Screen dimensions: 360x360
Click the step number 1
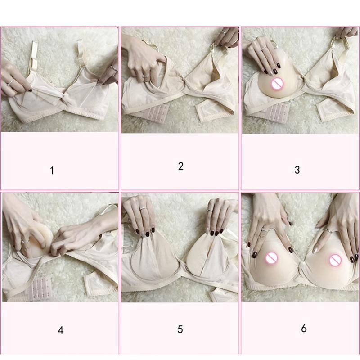point(52,171)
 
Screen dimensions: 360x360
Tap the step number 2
point(180,166)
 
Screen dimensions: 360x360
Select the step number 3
point(297,170)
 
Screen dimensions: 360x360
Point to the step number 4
point(61,330)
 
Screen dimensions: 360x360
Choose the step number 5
point(180,329)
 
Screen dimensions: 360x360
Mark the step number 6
point(304,328)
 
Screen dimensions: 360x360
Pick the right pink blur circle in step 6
point(335,260)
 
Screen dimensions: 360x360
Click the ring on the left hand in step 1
point(11,82)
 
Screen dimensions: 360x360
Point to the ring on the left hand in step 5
point(143,209)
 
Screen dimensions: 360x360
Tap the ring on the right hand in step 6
point(328,230)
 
